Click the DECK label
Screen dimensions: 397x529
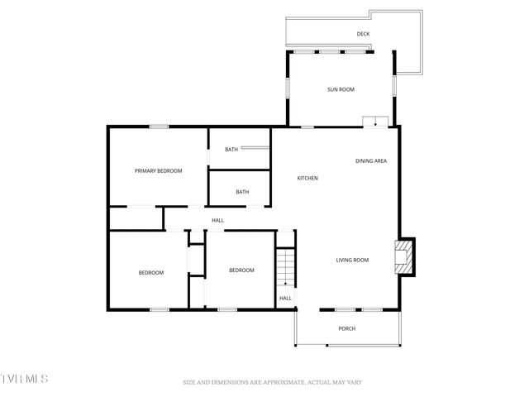[x=363, y=34]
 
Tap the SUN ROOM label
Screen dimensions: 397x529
[x=341, y=89]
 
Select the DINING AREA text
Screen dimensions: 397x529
[x=371, y=161]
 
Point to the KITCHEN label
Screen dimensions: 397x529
[x=307, y=179]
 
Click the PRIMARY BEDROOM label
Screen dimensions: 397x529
[x=158, y=170]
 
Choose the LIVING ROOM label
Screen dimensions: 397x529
[x=352, y=261]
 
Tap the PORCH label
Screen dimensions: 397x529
[x=347, y=328]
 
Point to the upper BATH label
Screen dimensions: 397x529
[x=231, y=150]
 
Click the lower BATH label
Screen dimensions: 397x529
[x=242, y=192]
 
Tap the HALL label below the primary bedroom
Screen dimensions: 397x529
[x=218, y=220]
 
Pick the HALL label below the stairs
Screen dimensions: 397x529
[x=285, y=299]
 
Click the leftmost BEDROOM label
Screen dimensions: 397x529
[x=150, y=273]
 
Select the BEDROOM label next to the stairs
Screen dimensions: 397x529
[x=241, y=270]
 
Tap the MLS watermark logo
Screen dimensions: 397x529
[x=24, y=379]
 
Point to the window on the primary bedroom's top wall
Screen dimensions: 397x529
[x=159, y=127]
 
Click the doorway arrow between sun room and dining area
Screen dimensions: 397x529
[x=376, y=122]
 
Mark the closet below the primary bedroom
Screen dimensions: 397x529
[x=136, y=218]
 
